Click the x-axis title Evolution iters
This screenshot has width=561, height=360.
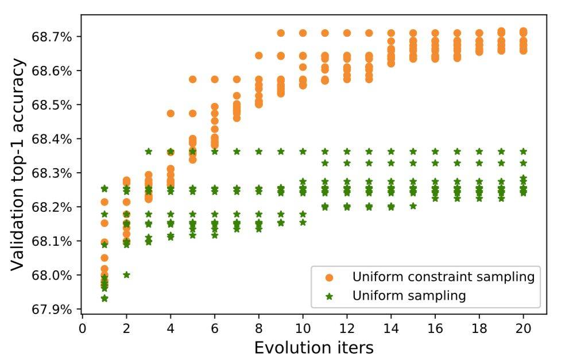[x=314, y=347]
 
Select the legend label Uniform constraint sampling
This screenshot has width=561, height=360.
[x=443, y=277]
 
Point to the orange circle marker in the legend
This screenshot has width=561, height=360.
[x=329, y=277]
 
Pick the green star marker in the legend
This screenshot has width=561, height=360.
[x=329, y=296]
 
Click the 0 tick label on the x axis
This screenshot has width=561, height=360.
[x=82, y=327]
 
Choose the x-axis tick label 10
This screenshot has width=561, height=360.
[x=303, y=327]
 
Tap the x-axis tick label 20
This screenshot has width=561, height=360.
[x=523, y=327]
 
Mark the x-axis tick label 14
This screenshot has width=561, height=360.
[x=391, y=327]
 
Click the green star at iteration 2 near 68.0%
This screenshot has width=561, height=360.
[x=126, y=275]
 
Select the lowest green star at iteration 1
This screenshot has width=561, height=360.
[x=104, y=299]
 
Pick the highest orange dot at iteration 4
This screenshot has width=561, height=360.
[x=171, y=113]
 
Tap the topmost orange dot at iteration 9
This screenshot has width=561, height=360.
[x=281, y=33]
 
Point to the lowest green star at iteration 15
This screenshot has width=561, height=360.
[x=413, y=206]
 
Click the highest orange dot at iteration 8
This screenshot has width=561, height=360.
[x=259, y=56]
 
